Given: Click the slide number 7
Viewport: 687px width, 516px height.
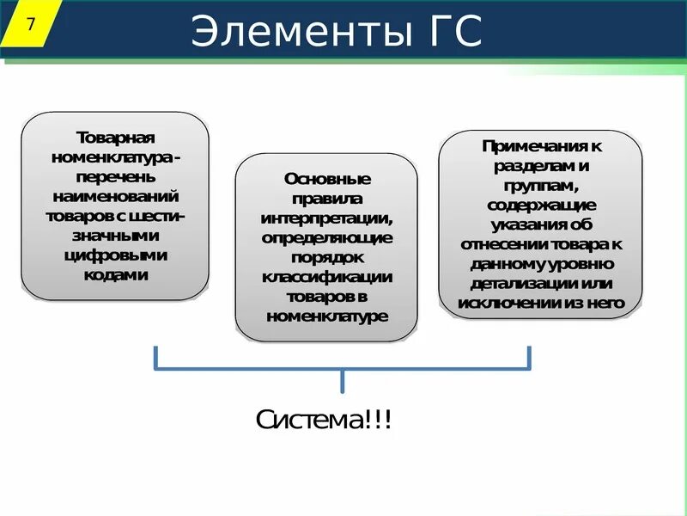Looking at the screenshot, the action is (x=31, y=24).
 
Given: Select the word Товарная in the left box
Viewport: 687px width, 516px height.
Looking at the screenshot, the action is (x=115, y=138).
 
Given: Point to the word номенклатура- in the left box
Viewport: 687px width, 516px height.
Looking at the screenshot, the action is (x=115, y=157).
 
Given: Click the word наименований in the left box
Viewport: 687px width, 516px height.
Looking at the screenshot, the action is (x=115, y=197).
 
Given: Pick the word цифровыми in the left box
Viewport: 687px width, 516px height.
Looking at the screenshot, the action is (x=115, y=255).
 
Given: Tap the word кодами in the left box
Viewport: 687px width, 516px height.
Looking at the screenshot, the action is (x=115, y=275).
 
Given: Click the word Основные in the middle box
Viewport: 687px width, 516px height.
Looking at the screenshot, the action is (x=327, y=179).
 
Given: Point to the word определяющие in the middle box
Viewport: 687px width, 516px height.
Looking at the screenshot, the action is (x=327, y=237).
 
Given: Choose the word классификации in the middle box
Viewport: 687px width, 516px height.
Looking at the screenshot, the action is (x=327, y=277).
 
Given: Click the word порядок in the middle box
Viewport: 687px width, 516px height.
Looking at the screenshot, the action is (x=327, y=257).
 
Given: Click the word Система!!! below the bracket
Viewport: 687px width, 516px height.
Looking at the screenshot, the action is (x=325, y=421).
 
